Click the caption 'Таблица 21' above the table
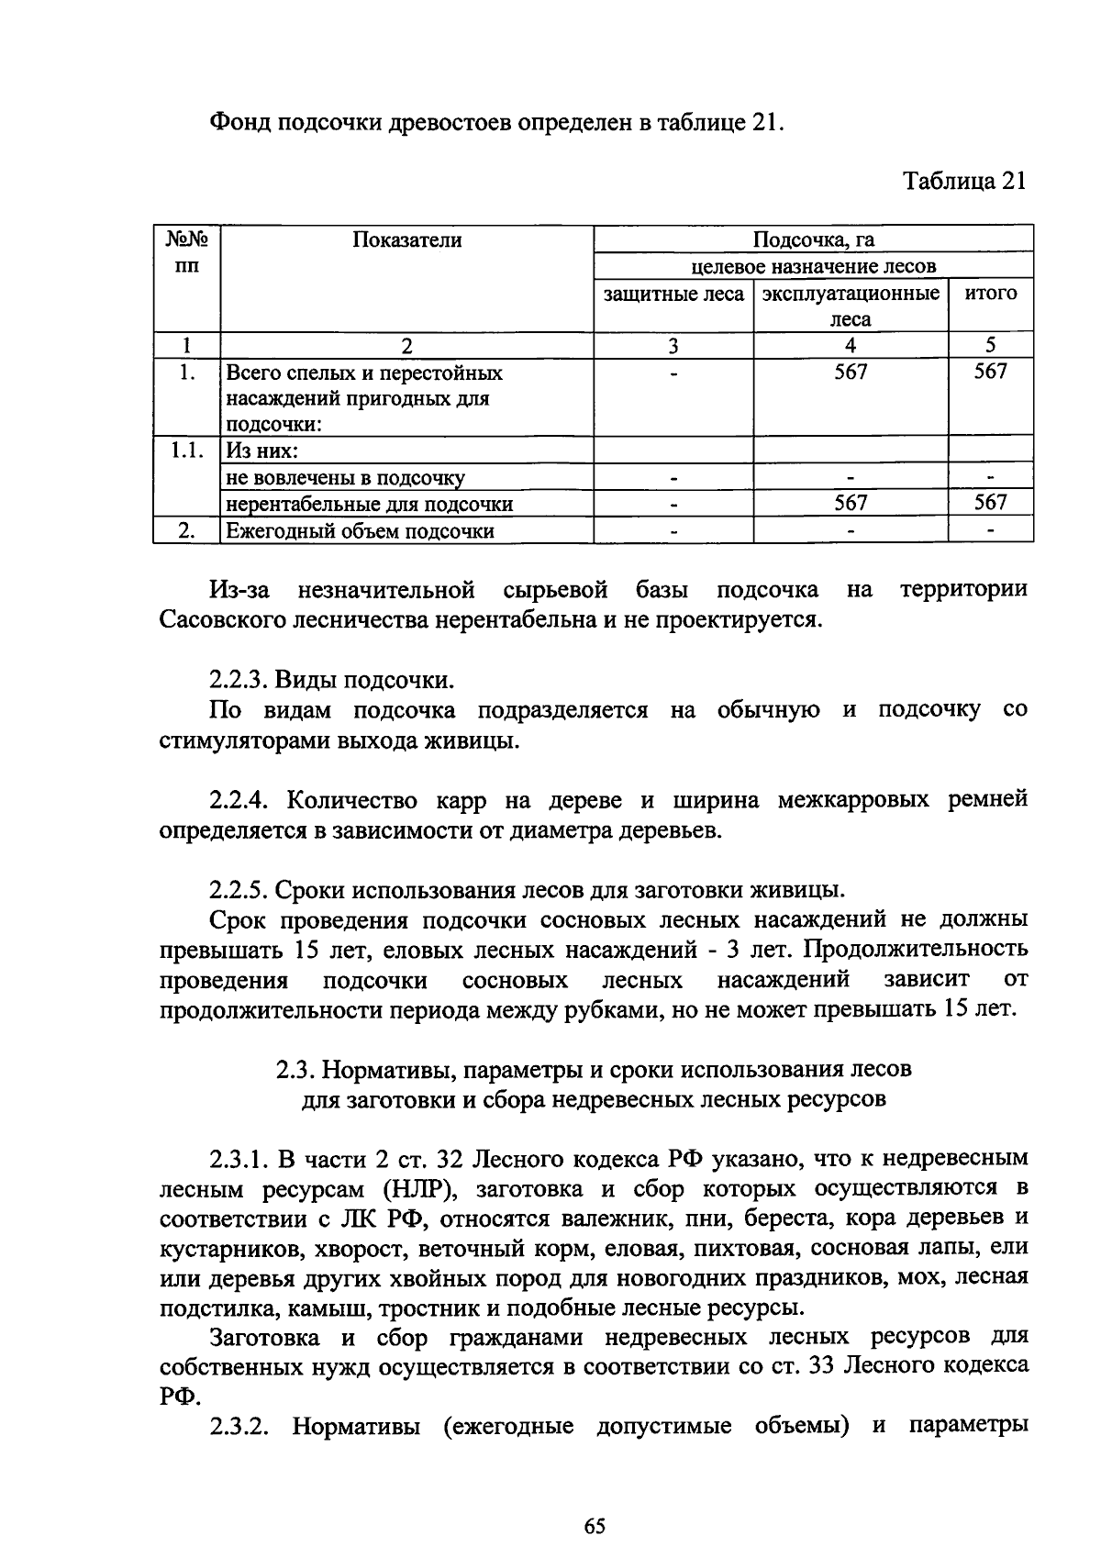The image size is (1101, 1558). click(x=963, y=181)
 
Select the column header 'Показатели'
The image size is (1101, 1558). click(x=406, y=240)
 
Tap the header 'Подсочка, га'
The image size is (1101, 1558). click(x=813, y=240)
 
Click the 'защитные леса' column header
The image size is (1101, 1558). click(x=673, y=294)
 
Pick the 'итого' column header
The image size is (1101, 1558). click(x=991, y=294)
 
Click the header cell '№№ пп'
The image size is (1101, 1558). click(x=186, y=253)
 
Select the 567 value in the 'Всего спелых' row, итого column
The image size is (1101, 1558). click(x=991, y=372)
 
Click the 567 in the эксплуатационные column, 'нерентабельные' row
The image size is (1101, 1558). click(x=851, y=503)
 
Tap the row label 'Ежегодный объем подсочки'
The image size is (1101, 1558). click(x=361, y=531)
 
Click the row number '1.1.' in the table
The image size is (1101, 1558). click(x=186, y=451)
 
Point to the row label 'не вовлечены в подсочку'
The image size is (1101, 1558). click(x=345, y=477)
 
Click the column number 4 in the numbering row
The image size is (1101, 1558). click(x=851, y=346)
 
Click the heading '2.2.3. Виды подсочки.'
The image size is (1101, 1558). click(x=332, y=681)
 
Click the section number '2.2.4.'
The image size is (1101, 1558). click(x=241, y=800)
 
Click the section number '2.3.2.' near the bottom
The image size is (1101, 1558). click(x=241, y=1426)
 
